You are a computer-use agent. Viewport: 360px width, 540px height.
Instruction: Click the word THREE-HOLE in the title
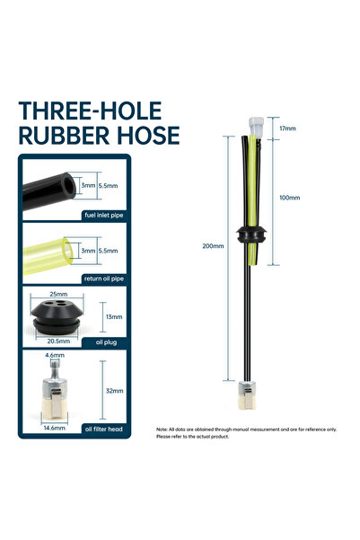click(90, 111)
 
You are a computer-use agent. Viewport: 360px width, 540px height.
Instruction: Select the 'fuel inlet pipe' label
click(103, 216)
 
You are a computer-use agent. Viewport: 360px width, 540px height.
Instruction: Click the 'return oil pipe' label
click(103, 279)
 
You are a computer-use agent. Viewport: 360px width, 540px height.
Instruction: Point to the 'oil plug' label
click(106, 342)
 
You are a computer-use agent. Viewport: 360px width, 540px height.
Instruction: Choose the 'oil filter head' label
click(103, 429)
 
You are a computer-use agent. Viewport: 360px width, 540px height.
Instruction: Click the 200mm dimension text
click(213, 246)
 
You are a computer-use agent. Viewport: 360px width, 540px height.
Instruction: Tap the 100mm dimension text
click(289, 198)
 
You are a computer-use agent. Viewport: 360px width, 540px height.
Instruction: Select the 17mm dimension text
click(287, 128)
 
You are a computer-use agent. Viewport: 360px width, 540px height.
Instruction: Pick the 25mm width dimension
click(58, 294)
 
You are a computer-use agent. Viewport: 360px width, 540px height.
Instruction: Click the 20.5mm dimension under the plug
click(58, 341)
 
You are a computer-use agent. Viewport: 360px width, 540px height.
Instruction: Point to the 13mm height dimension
click(114, 317)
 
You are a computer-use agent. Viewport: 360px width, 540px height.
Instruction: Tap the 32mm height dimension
click(115, 391)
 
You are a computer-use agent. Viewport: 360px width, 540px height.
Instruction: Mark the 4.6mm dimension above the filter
click(55, 355)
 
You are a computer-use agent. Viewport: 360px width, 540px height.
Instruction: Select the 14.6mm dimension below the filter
click(55, 428)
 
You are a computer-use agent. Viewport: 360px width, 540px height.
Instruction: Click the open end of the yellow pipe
click(68, 251)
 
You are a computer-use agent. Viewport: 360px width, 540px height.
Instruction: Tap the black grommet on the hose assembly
click(251, 235)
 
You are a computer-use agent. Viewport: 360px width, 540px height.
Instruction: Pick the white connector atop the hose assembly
click(257, 126)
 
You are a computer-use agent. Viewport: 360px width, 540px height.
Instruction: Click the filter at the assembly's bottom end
click(247, 395)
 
